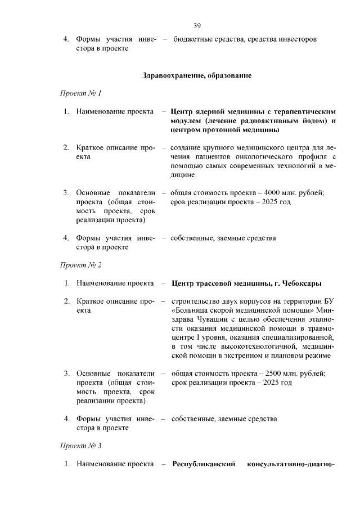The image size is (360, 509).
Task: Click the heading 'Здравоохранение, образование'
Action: (x=197, y=75)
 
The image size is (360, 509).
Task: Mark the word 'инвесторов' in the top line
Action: (x=299, y=39)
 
